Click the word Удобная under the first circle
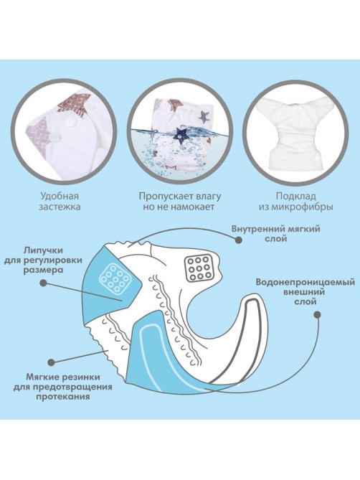click(x=60, y=196)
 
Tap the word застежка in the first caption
click(x=60, y=207)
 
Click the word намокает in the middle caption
click(x=193, y=207)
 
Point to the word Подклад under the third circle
click(x=295, y=196)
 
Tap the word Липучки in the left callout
click(x=43, y=250)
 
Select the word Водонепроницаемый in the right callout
click(x=305, y=282)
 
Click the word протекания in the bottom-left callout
click(x=62, y=397)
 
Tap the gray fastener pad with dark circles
click(x=199, y=268)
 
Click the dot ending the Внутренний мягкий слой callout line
click(x=239, y=240)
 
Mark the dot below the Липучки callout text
click(x=43, y=283)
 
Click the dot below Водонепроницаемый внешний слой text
click(x=317, y=315)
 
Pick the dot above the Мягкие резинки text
click(x=51, y=362)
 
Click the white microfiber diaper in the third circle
click(x=296, y=132)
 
